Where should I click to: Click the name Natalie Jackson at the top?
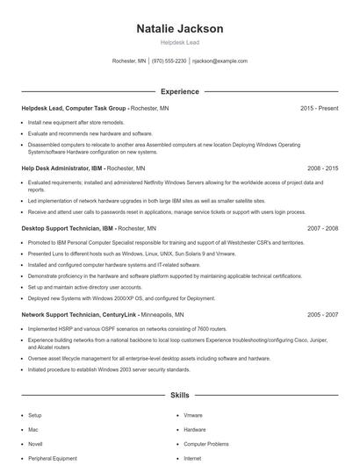[179, 29]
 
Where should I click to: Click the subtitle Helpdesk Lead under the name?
[179, 43]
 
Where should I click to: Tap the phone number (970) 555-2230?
[169, 61]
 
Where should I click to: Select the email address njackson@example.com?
[220, 61]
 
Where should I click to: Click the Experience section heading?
[179, 91]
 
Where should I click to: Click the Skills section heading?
[179, 396]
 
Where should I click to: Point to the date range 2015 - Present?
[319, 108]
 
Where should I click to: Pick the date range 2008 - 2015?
[322, 168]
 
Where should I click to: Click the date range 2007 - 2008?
[322, 227]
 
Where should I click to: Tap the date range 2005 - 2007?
[322, 313]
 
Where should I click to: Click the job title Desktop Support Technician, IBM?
[66, 227]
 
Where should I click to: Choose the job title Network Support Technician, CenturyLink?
[76, 313]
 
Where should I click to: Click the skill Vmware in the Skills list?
[193, 415]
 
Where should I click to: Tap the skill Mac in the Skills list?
[33, 430]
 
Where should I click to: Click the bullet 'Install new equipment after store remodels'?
[77, 123]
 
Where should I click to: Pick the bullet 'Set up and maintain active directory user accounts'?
[84, 287]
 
